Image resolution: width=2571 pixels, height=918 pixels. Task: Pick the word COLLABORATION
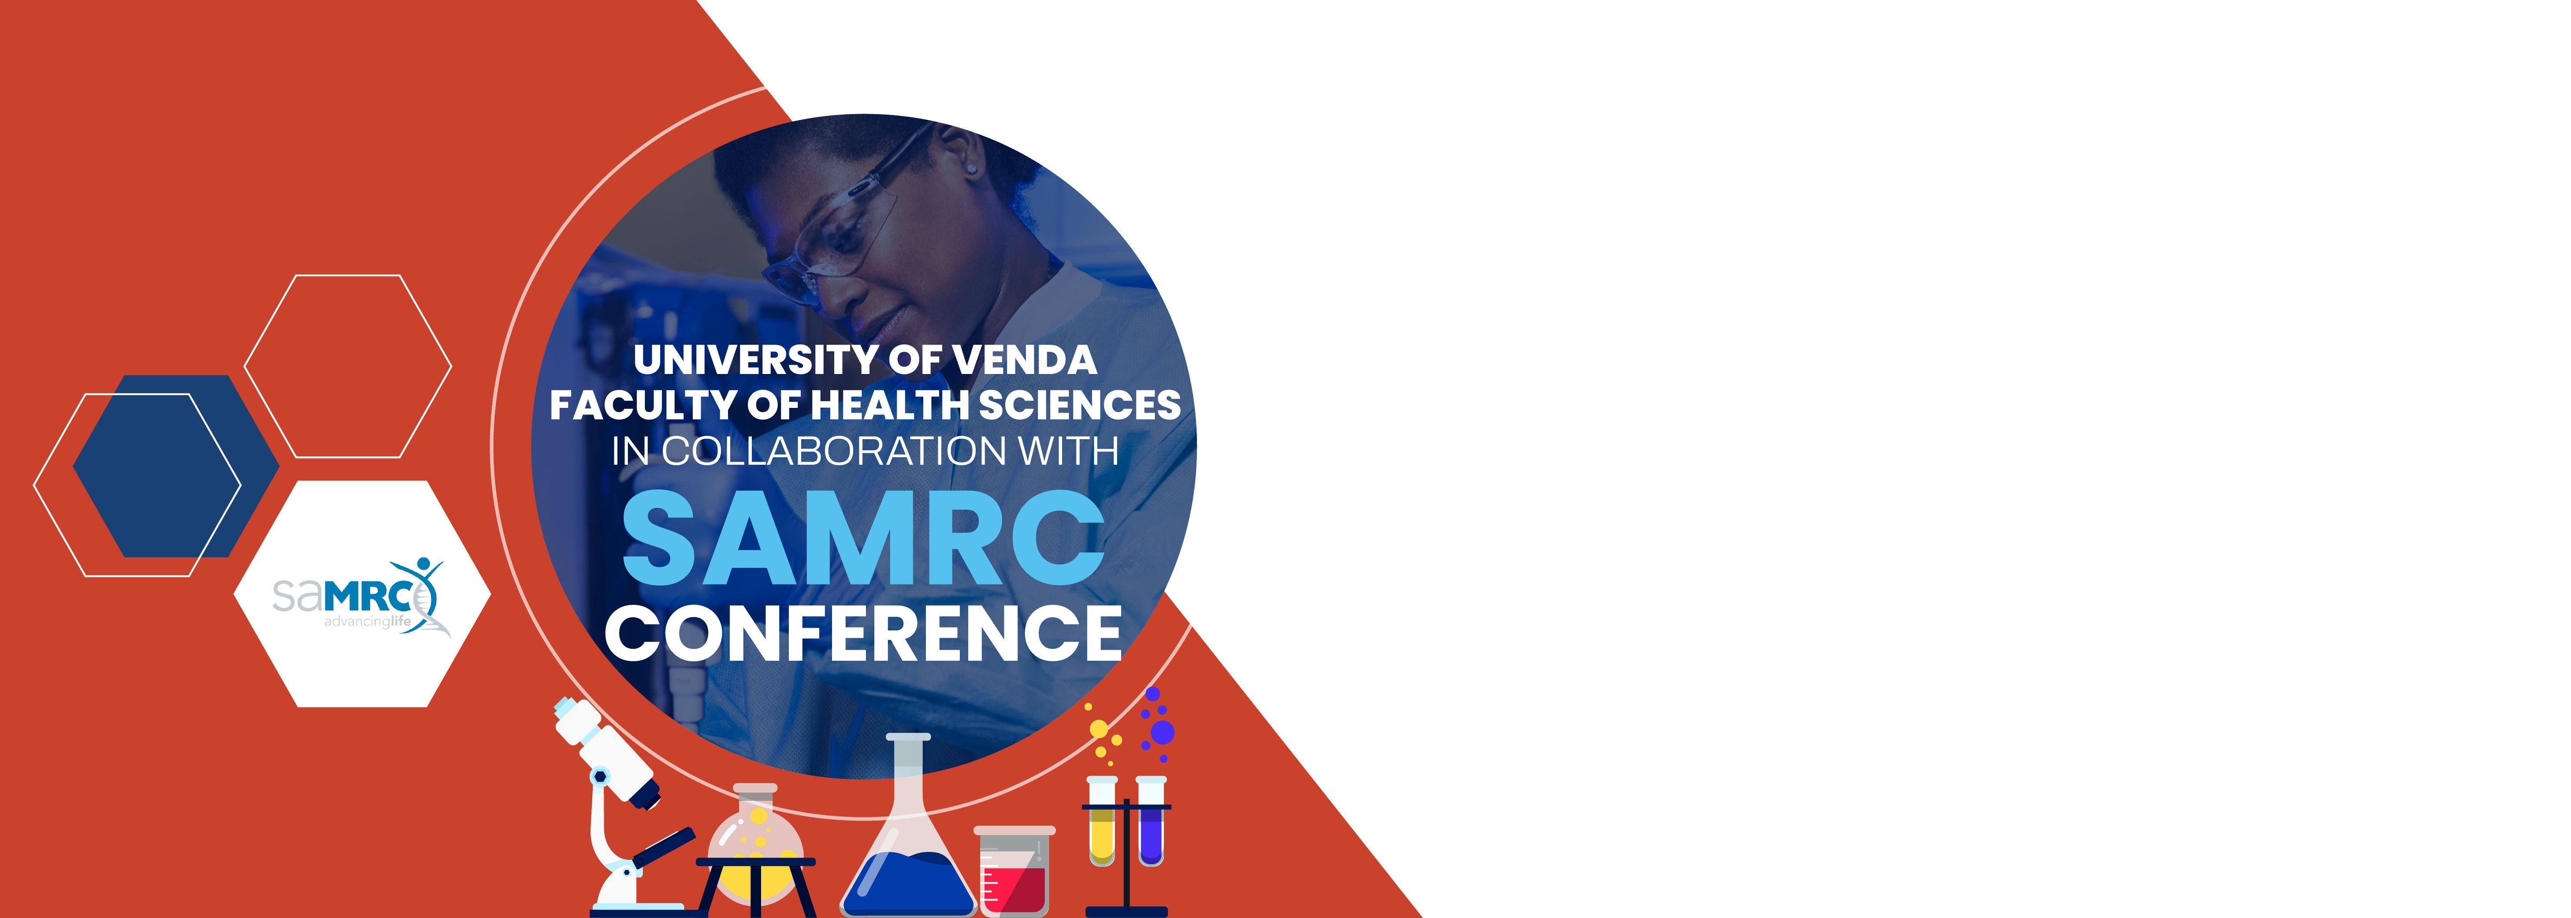click(x=833, y=451)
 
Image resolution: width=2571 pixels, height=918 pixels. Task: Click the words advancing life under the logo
click(x=367, y=622)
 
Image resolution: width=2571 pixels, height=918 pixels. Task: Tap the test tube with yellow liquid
click(x=1102, y=821)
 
